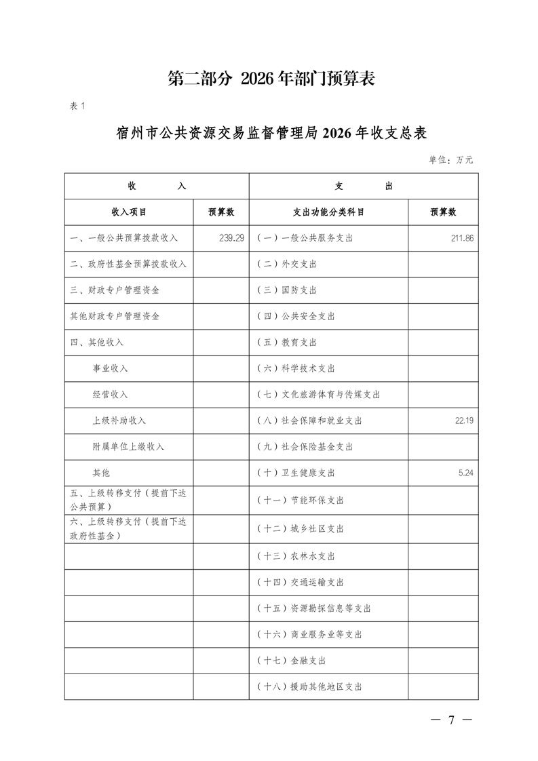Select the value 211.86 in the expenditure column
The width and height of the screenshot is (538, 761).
pos(461,238)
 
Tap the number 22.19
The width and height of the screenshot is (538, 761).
pos(464,421)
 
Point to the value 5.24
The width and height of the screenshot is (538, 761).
pos(466,473)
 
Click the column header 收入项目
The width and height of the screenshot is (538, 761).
pos(129,212)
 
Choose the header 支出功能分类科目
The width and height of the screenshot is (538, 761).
pos(328,212)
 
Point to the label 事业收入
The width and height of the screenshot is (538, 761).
pos(110,368)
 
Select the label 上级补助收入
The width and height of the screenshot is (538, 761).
pos(119,421)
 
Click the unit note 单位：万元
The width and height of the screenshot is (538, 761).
pos(450,160)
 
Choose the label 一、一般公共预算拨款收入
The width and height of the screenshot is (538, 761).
pos(123,238)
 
